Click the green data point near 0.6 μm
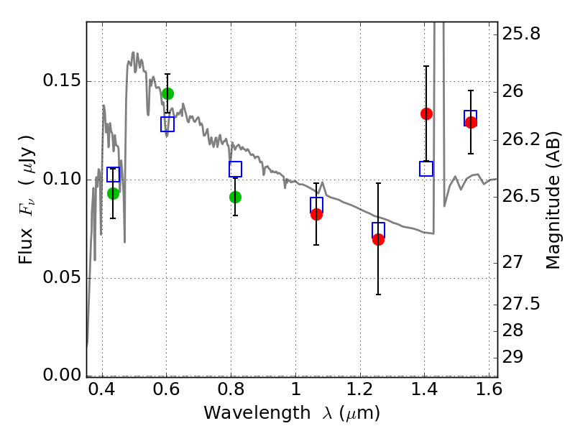(x=167, y=94)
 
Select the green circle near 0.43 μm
(x=114, y=193)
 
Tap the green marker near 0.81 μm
(x=236, y=197)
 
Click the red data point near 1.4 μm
(x=426, y=113)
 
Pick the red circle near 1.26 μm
(x=378, y=240)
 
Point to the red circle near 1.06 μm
(x=316, y=214)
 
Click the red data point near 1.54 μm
(x=471, y=122)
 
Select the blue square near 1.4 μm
(x=426, y=169)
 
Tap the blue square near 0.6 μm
(x=167, y=124)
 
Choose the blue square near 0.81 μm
(x=236, y=169)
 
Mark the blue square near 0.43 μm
(x=114, y=175)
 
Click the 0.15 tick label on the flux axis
(x=62, y=80)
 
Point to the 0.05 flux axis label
(x=62, y=277)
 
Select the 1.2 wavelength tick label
(x=360, y=389)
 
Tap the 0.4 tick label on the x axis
(x=102, y=389)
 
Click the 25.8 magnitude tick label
(x=521, y=34)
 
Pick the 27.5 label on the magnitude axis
(x=521, y=304)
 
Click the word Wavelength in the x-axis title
(x=257, y=412)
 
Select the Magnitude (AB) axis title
(x=553, y=201)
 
